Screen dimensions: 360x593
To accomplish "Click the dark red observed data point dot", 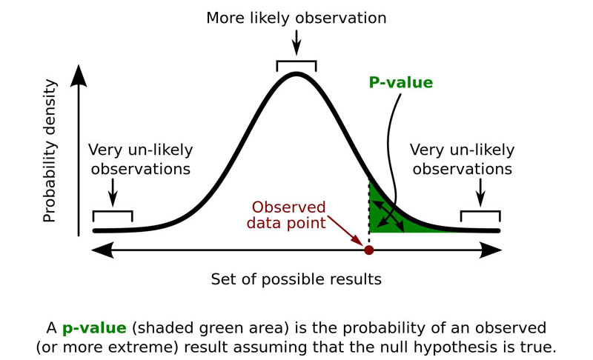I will click(x=368, y=250).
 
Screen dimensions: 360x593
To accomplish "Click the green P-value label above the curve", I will click(x=400, y=82).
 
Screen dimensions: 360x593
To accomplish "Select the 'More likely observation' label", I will click(x=296, y=18).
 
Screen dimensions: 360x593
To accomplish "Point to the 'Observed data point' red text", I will click(x=289, y=215).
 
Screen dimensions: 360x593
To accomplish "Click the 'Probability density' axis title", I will click(x=50, y=153).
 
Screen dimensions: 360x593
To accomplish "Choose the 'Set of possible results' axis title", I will click(x=296, y=279).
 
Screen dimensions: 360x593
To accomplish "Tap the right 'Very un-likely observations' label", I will click(x=462, y=159).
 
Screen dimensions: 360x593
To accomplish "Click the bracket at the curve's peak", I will click(x=296, y=65).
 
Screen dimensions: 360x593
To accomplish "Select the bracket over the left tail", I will click(x=113, y=215).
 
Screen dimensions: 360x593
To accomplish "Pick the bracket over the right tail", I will click(x=480, y=215).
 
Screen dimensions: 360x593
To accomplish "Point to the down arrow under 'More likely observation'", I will click(x=296, y=41).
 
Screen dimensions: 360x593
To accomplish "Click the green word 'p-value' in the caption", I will click(x=87, y=327).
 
